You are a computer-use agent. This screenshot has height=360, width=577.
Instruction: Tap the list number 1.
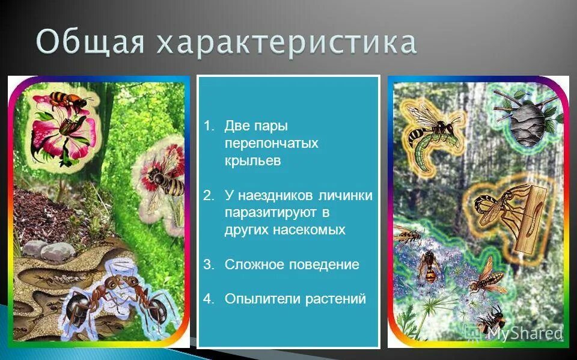[x=208, y=126]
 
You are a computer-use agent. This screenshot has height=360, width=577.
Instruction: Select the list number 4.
[x=208, y=299]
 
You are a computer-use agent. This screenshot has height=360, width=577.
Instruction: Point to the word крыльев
[x=252, y=161]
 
